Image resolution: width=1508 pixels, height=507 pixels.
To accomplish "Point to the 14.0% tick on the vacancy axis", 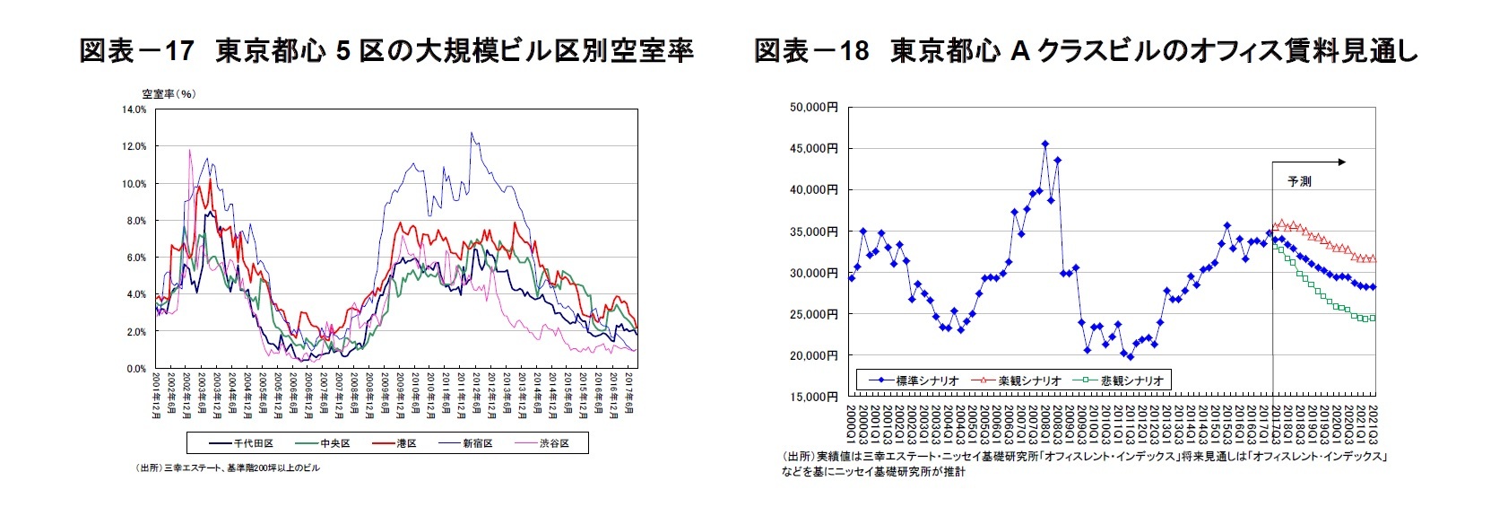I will (134, 109).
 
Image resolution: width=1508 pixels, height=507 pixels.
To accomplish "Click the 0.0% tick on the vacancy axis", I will (135, 369).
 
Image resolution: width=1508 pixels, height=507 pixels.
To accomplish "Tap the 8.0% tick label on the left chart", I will (135, 221).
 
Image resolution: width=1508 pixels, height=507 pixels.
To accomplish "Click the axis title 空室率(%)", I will (169, 93).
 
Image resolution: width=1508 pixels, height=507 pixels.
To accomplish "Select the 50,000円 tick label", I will (813, 107).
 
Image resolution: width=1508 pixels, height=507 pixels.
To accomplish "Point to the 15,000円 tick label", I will (813, 397).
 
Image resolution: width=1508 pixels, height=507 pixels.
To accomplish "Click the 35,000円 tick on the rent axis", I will (813, 232).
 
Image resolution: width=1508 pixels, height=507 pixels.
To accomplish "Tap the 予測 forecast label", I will (1299, 181).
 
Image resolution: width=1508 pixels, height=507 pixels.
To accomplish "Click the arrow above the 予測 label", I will (1309, 162).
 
